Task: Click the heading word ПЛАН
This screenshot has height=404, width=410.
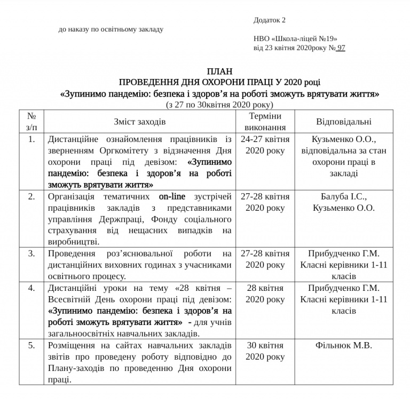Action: click(219, 72)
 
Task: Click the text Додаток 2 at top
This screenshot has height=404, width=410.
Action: click(270, 20)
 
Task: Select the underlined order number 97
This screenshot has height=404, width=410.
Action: click(341, 47)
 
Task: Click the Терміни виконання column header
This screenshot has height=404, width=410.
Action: click(265, 122)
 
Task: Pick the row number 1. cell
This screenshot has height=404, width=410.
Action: click(31, 139)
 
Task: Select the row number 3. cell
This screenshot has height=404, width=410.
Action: click(31, 252)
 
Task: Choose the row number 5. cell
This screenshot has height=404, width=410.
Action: click(31, 345)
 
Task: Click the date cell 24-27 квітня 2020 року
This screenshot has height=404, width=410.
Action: click(265, 145)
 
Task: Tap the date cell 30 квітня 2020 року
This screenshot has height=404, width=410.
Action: click(265, 351)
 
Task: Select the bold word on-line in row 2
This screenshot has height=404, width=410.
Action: click(172, 196)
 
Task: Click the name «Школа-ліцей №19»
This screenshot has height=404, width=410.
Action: click(296, 38)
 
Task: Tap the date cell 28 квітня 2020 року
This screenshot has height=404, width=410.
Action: click(265, 294)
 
